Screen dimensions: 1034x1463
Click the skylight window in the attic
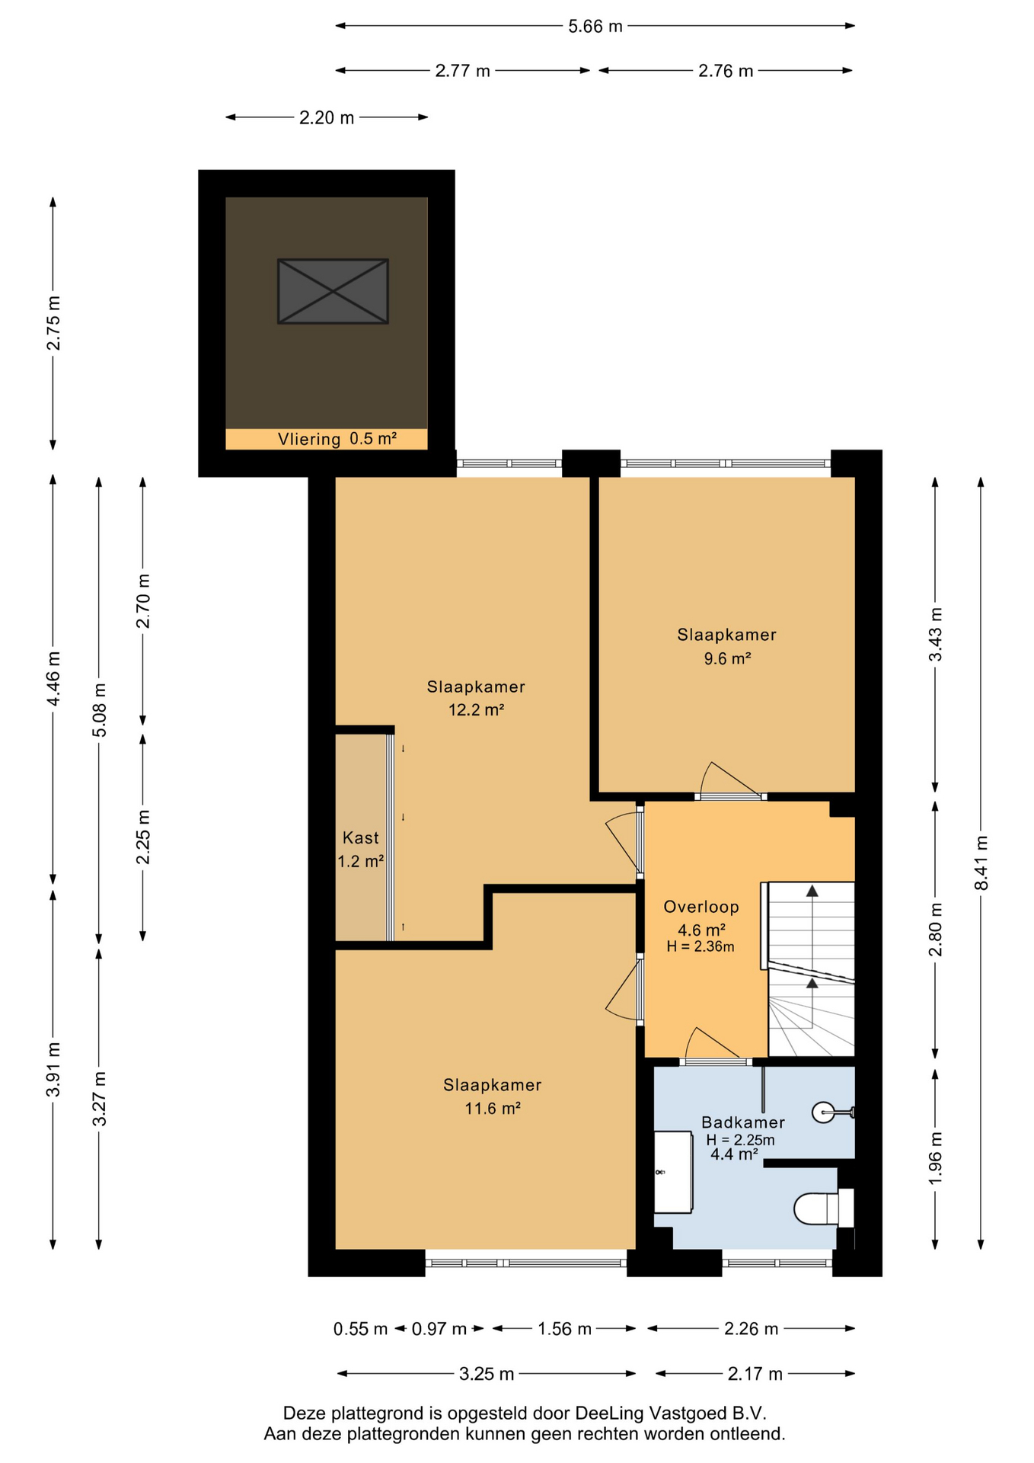click(x=333, y=291)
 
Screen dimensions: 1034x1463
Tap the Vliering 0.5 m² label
click(x=337, y=439)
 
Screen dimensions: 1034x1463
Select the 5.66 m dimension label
click(x=595, y=27)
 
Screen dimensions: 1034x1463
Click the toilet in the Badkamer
click(x=823, y=1208)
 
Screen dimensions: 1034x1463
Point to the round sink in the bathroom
click(x=825, y=1112)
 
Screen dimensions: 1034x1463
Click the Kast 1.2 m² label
click(x=360, y=850)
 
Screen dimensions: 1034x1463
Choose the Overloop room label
click(x=701, y=907)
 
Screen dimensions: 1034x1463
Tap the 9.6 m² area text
click(x=727, y=658)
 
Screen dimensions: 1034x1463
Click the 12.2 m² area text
click(x=477, y=710)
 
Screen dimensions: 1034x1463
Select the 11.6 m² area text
click(x=493, y=1108)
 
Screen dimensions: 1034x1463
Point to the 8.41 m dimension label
click(x=981, y=863)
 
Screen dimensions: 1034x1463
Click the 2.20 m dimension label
click(x=327, y=118)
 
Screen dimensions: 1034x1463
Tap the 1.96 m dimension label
click(x=936, y=1157)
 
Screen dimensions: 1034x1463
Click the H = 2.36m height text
click(x=701, y=947)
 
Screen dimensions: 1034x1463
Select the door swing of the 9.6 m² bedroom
click(x=729, y=780)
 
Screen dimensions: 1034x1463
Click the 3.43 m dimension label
click(x=936, y=634)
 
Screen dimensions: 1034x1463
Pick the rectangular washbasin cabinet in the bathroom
click(x=674, y=1172)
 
